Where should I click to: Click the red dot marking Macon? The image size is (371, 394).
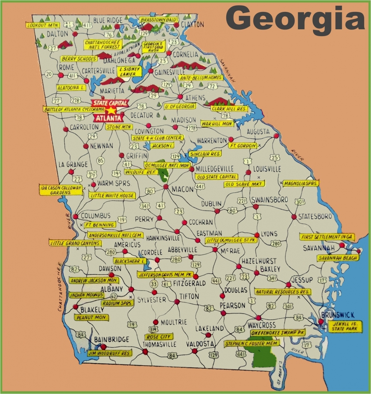coord(166,187)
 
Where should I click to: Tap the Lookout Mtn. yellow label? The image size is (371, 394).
coord(41,25)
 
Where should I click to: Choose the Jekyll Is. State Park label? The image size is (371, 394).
coord(344,327)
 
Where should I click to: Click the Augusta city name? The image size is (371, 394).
coord(258,132)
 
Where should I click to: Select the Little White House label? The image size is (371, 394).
coord(112,195)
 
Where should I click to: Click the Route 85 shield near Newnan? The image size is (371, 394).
coord(101,161)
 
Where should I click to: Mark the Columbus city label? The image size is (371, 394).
coord(95,215)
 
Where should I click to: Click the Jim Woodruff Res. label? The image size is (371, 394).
coord(109,352)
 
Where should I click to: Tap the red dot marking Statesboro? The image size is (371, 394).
coord(294,217)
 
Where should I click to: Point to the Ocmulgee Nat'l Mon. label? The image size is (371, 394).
coord(167,165)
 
